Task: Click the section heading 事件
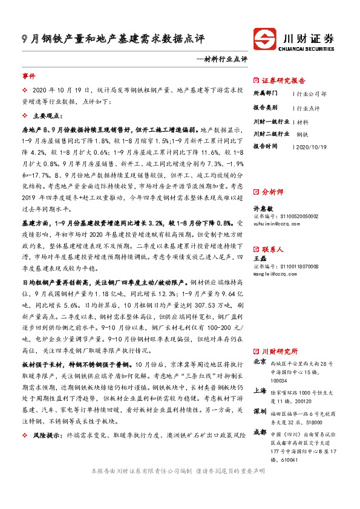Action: click(x=29, y=77)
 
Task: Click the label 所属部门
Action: click(x=265, y=94)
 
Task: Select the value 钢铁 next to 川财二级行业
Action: click(x=303, y=134)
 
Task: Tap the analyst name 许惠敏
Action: click(x=264, y=207)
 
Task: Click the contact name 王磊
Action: click(x=260, y=258)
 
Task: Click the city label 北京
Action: click(x=260, y=362)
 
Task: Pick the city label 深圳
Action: click(x=260, y=411)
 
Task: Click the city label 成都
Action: click(x=260, y=432)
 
